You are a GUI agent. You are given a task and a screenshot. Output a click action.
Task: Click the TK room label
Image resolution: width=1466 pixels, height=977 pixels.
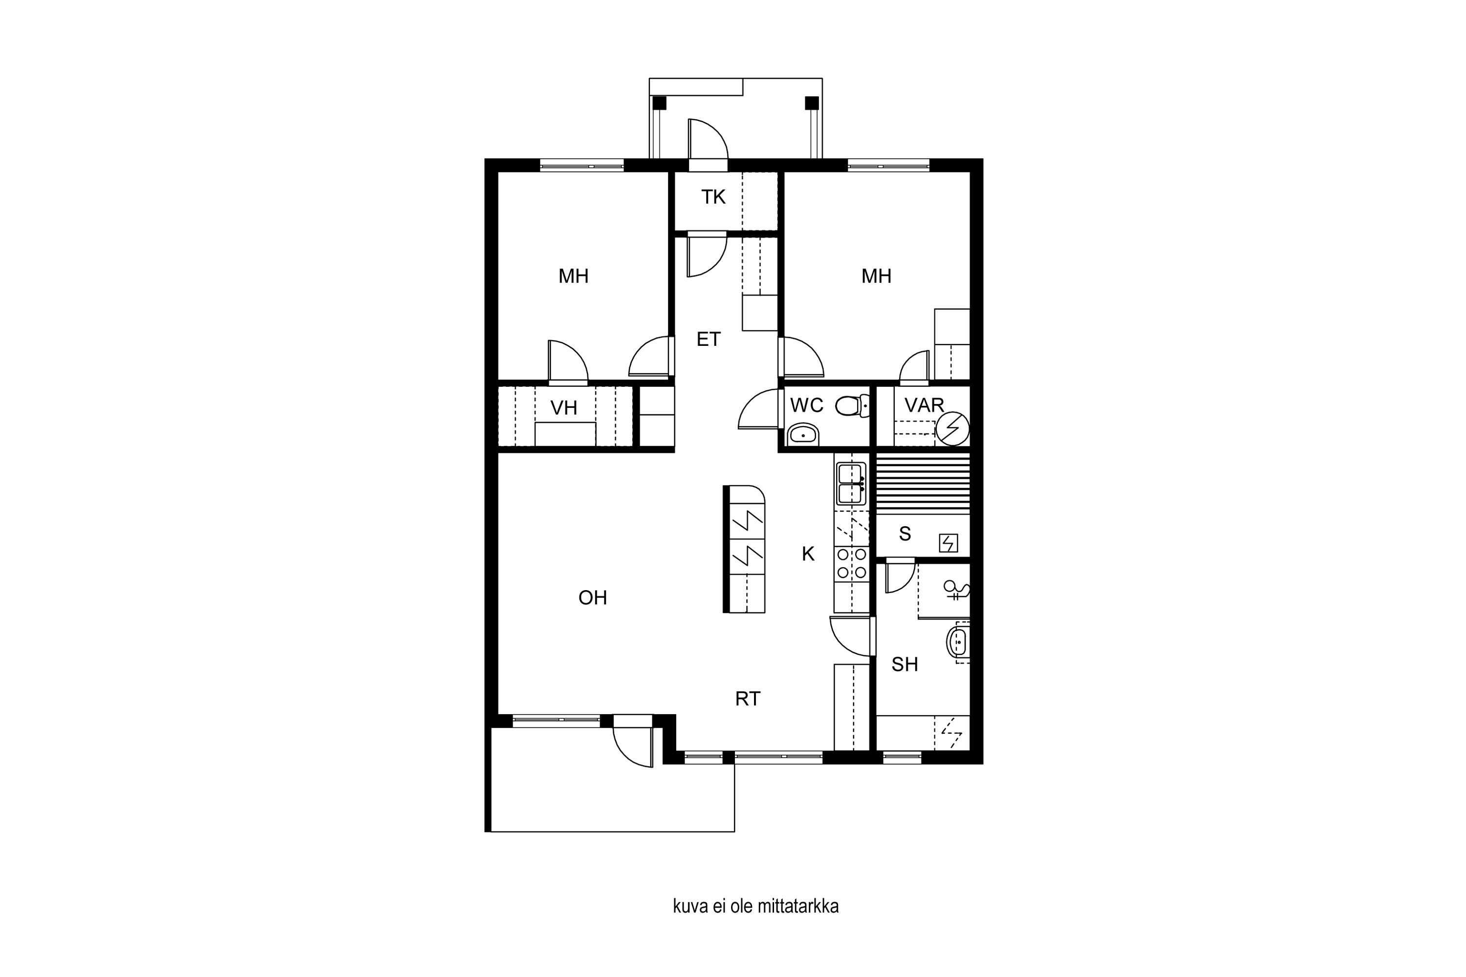click(x=713, y=197)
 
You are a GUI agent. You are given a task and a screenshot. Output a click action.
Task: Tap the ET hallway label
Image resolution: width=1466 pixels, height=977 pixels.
click(x=708, y=339)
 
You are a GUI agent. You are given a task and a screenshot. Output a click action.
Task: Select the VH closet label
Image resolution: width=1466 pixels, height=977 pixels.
click(x=563, y=408)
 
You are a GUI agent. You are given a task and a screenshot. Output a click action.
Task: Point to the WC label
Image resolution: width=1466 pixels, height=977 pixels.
click(x=807, y=405)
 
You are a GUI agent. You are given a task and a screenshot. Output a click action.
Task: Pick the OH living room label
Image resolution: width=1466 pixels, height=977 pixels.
click(x=592, y=598)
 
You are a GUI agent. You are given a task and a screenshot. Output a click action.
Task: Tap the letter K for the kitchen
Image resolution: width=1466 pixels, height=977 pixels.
click(x=808, y=554)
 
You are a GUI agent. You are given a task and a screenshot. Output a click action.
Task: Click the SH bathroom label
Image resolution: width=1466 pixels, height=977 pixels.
click(x=905, y=665)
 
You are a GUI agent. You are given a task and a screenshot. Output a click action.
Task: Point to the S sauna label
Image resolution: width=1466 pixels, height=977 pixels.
click(x=905, y=534)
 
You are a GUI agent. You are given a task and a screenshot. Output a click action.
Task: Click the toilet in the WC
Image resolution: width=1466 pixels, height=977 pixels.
click(x=852, y=406)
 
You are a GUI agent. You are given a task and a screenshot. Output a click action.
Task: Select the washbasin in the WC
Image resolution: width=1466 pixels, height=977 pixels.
click(x=803, y=434)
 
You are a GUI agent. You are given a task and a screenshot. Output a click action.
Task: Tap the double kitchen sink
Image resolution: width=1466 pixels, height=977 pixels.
click(x=851, y=484)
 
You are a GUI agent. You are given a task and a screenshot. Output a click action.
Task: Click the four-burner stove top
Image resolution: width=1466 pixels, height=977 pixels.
click(x=851, y=563)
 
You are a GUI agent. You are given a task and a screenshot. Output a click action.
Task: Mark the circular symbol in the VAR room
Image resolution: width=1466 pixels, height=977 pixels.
click(x=952, y=429)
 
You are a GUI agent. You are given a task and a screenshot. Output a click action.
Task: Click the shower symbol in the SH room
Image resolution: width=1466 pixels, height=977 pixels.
click(x=956, y=590)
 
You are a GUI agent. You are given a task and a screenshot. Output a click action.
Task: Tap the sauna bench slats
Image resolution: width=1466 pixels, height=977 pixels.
click(x=923, y=484)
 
